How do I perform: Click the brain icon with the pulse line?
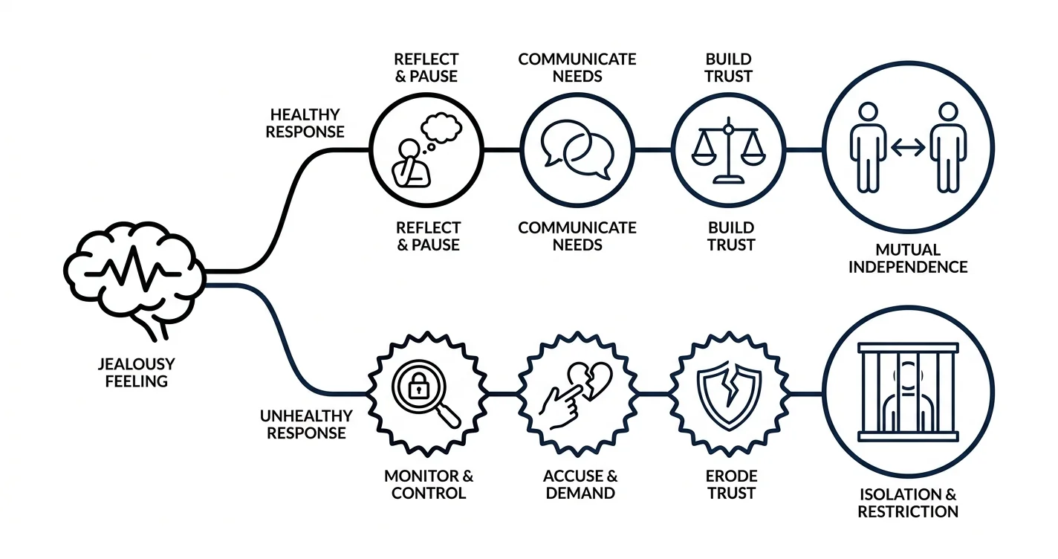(134, 279)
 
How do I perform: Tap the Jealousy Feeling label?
(137, 372)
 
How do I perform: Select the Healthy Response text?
(305, 123)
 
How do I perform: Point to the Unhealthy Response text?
(306, 424)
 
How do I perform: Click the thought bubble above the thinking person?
(441, 128)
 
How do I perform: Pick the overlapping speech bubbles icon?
(577, 149)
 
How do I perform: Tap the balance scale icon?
(729, 150)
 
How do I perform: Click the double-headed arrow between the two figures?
(908, 147)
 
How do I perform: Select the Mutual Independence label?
(908, 258)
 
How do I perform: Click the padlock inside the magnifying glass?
(418, 386)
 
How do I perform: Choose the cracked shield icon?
(730, 395)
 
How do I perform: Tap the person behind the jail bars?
(907, 396)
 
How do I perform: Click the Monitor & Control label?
(429, 485)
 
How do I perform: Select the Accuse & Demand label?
(580, 485)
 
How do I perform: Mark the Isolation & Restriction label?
(908, 503)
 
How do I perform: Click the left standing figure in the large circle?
(868, 147)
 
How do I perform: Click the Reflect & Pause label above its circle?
(426, 68)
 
